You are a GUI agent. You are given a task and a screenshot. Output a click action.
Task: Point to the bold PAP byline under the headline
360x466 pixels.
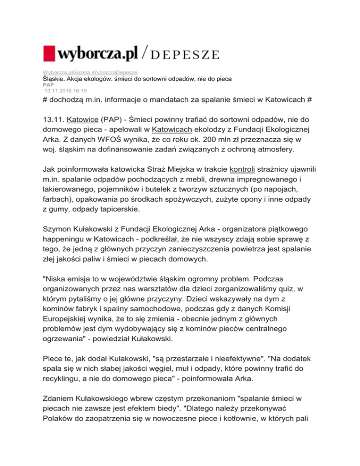coord(42,84)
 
